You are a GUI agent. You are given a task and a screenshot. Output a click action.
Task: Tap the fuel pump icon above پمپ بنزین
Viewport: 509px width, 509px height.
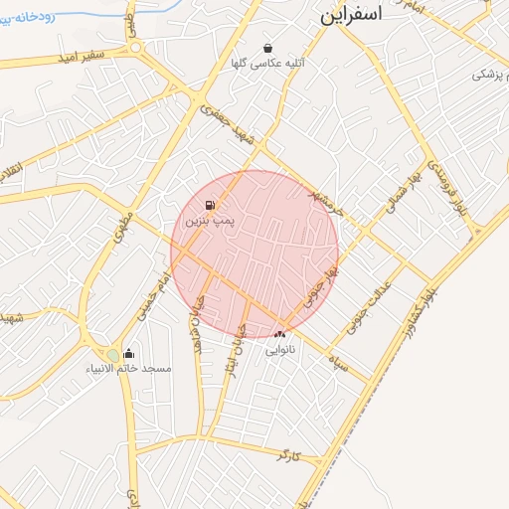pos(210,206)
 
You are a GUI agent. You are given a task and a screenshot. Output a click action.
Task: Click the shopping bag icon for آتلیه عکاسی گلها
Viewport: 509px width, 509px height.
pos(267,48)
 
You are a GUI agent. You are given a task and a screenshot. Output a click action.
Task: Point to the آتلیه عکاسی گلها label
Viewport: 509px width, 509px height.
pos(267,63)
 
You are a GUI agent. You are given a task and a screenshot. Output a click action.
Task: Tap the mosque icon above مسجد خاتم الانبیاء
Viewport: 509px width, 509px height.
pos(128,354)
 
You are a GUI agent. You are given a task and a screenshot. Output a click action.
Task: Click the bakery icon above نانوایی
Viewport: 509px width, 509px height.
pos(279,334)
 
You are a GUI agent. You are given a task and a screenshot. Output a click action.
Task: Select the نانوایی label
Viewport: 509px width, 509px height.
pos(279,349)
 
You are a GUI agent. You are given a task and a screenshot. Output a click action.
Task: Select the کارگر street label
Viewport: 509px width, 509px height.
pos(287,455)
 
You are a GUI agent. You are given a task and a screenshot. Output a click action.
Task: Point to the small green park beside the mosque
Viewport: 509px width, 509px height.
pos(112,356)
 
